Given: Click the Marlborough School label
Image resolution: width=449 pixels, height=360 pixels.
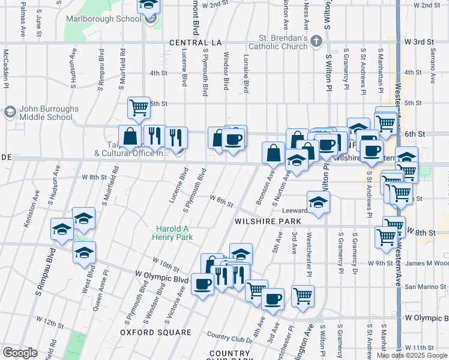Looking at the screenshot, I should pyautogui.click(x=112, y=18).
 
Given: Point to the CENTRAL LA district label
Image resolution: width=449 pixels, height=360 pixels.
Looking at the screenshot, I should pyautogui.click(x=196, y=43).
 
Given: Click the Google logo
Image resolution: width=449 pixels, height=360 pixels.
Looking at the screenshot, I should pyautogui.click(x=20, y=352).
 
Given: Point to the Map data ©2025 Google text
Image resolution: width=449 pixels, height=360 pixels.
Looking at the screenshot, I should pyautogui.click(x=412, y=355).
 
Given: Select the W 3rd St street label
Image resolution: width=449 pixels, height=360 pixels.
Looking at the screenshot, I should pyautogui.click(x=419, y=42).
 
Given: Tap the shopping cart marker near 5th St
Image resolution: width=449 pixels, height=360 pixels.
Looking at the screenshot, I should pyautogui.click(x=139, y=107).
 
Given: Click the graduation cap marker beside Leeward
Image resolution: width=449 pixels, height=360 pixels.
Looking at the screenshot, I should pyautogui.click(x=319, y=201).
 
